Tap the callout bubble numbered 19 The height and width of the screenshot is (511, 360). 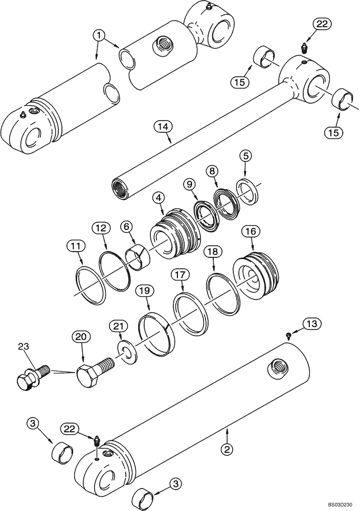[145, 291]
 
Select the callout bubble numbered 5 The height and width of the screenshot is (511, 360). [246, 155]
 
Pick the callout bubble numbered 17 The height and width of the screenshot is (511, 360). [177, 274]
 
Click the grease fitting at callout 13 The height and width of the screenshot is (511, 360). [289, 335]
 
